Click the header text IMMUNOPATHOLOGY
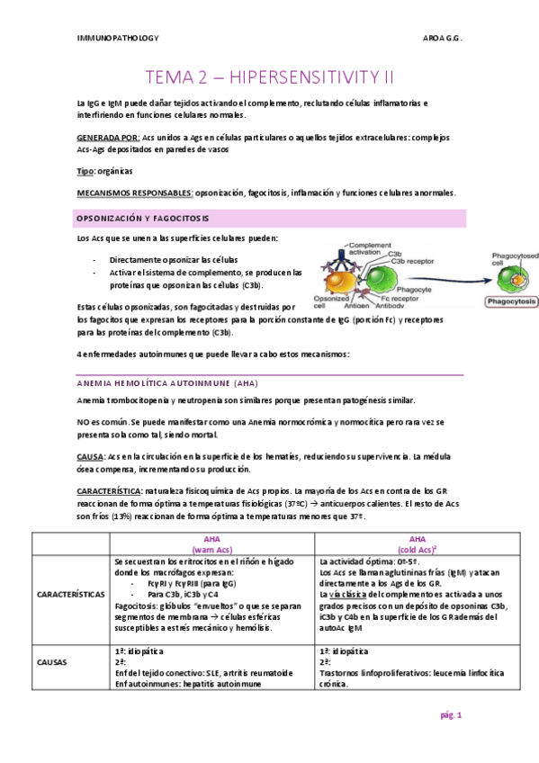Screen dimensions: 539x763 pyautogui.click(x=118, y=38)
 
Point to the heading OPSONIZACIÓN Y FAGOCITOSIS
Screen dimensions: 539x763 pyautogui.click(x=143, y=219)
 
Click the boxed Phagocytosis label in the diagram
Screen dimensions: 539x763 pyautogui.click(x=508, y=302)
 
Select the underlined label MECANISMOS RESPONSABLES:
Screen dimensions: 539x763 pyautogui.click(x=135, y=193)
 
